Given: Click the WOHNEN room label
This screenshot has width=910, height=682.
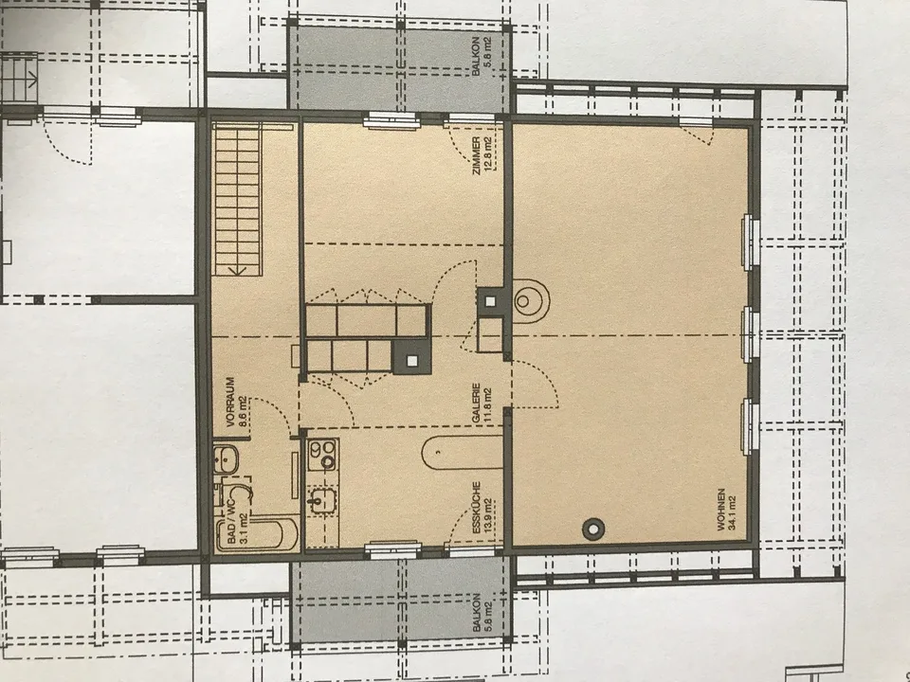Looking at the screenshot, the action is [721, 510].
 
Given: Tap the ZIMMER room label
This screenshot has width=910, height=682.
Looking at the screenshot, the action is [476, 155].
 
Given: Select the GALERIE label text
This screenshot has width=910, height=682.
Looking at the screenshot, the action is [476, 403].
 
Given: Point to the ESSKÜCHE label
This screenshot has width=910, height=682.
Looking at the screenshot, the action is [477, 508].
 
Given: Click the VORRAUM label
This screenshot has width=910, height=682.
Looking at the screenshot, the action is [229, 402].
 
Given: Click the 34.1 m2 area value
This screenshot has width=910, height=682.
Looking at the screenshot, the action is [732, 512].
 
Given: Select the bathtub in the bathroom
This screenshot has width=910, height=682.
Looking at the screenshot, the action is [257, 534].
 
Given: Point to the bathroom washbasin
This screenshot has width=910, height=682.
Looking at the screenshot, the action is [226, 460].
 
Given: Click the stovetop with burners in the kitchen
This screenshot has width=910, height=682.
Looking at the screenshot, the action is [322, 455].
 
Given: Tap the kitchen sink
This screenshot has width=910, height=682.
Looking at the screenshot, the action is [321, 500].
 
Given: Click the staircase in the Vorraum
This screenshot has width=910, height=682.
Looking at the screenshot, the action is [237, 200].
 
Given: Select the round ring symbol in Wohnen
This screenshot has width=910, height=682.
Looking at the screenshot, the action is [593, 529].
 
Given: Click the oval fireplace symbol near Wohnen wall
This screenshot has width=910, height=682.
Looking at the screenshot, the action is [531, 301].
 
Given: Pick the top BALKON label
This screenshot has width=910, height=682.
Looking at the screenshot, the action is [476, 57].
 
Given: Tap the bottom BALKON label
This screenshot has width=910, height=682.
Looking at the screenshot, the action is [477, 612].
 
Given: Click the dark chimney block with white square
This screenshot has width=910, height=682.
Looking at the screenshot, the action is [411, 358].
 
